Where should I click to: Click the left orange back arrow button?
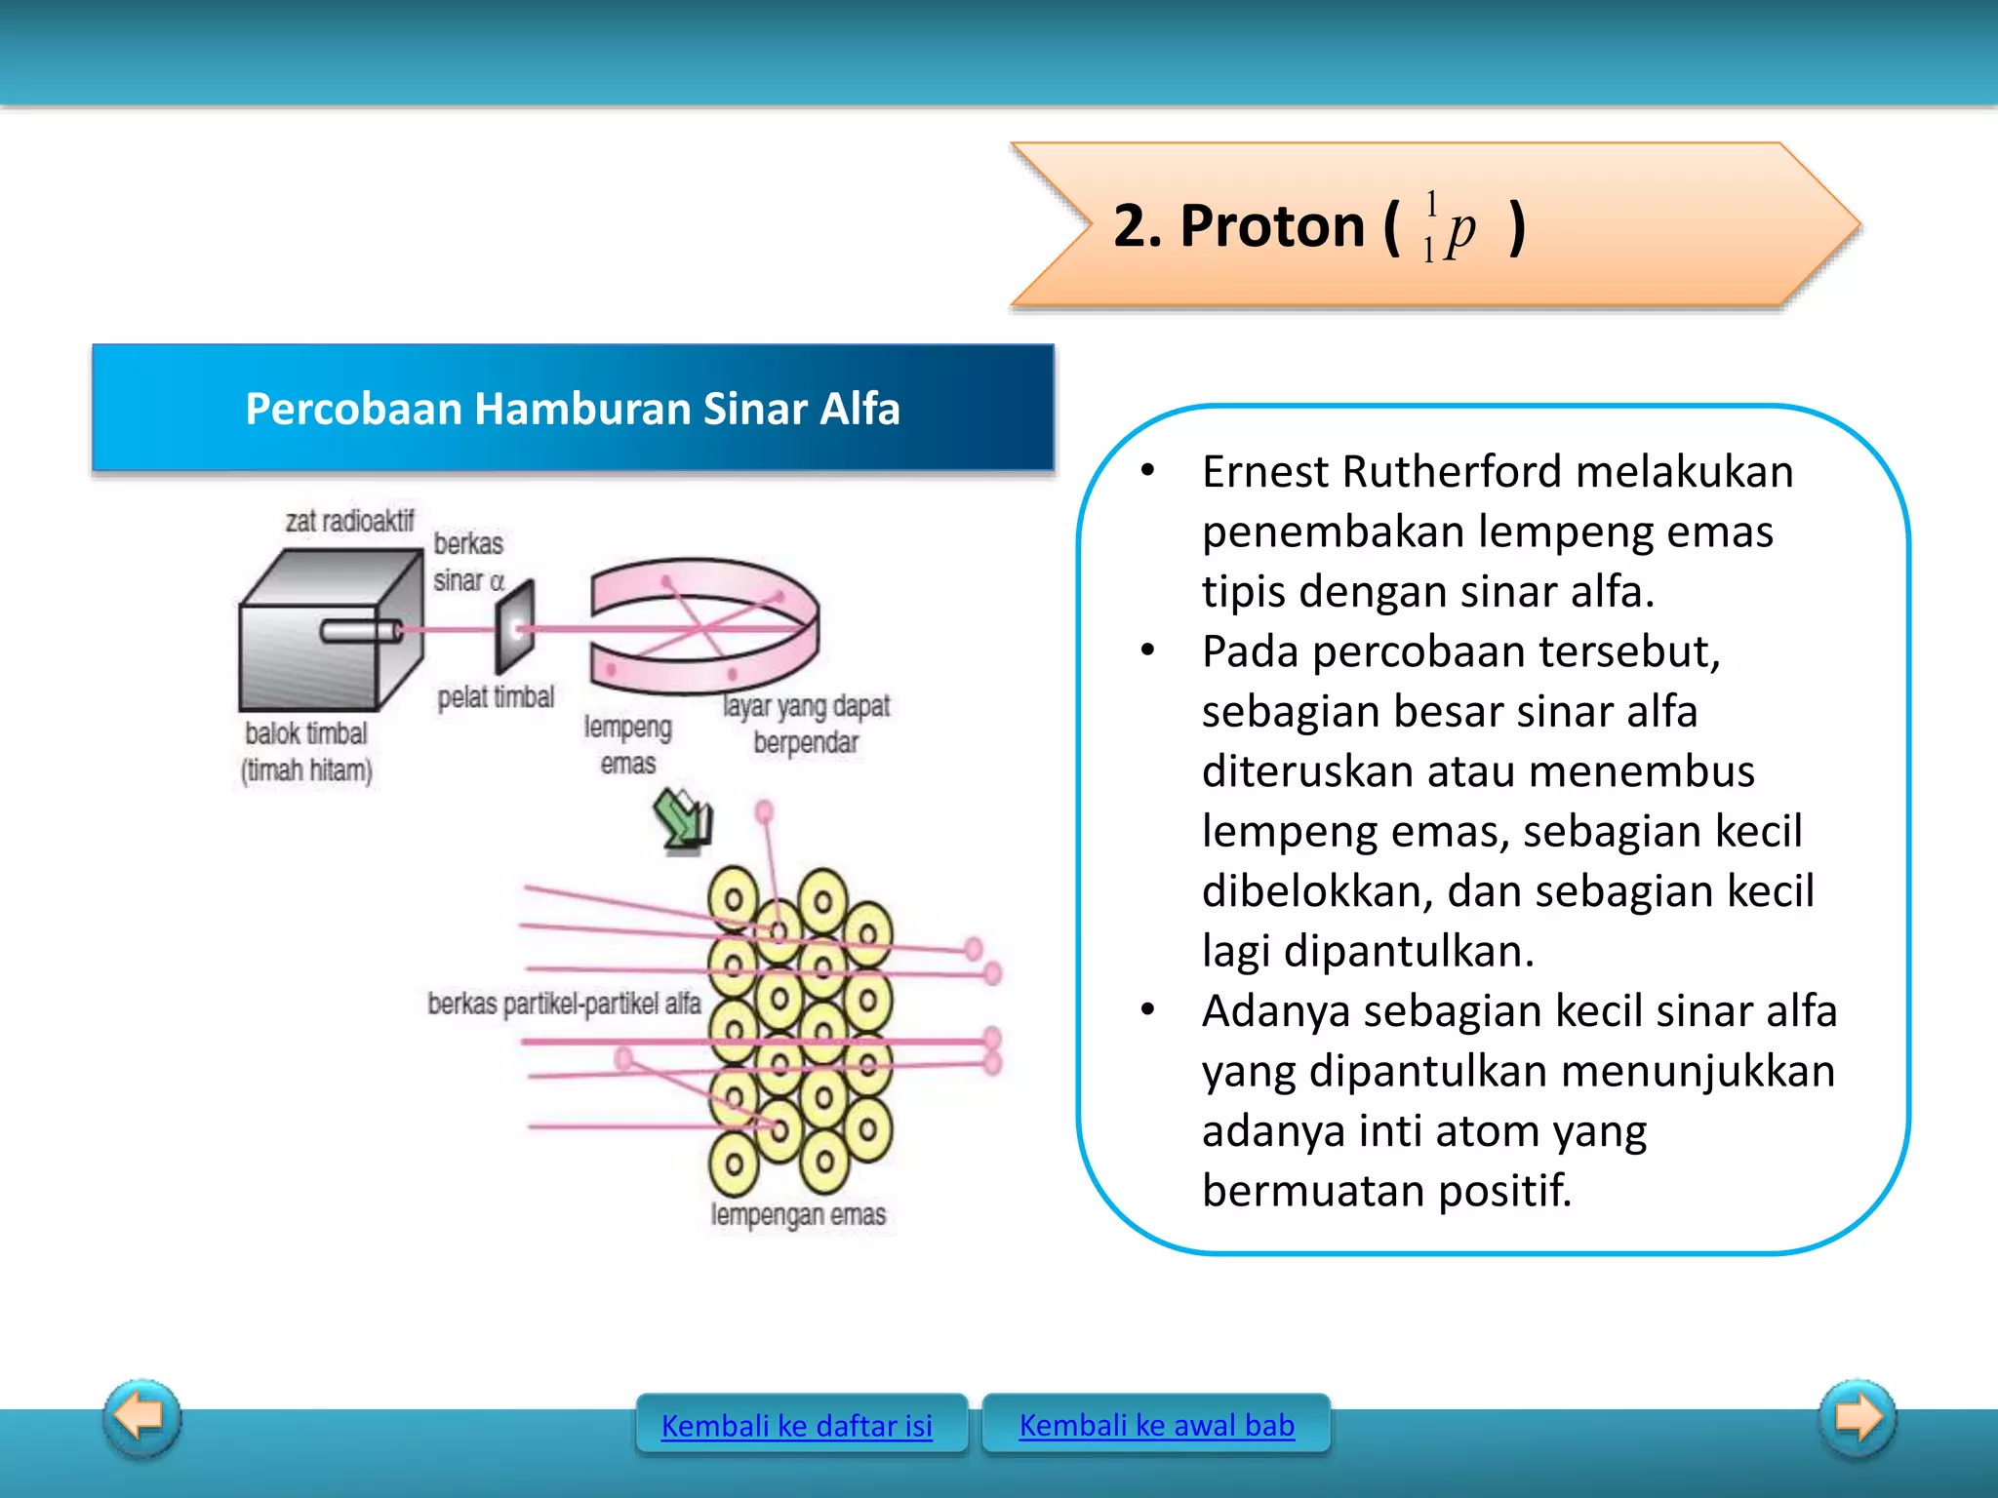click(141, 1417)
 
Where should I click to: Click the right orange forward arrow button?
click(1858, 1417)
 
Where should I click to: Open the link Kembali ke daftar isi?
click(796, 1426)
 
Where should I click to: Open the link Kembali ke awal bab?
click(1156, 1425)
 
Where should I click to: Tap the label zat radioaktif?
click(348, 521)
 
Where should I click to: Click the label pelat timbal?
click(496, 696)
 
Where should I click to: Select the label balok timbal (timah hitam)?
click(307, 751)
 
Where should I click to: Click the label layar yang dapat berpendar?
click(806, 724)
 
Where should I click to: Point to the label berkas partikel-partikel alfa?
click(564, 1003)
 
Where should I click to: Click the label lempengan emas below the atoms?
click(798, 1214)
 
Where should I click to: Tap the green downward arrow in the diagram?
click(683, 820)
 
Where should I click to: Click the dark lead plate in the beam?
click(514, 627)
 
